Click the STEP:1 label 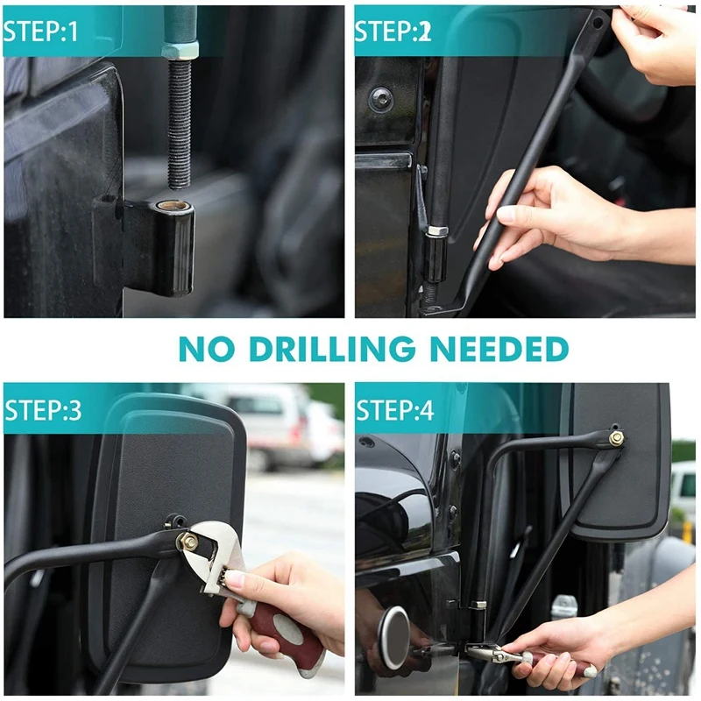coord(40,31)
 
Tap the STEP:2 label coord(393,31)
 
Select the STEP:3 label coord(43,409)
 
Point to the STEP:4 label coord(395,409)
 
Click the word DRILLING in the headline coord(332,349)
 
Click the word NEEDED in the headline coord(499,349)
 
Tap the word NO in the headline coord(207,349)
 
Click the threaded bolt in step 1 coord(180,124)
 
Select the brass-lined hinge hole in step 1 coord(173,206)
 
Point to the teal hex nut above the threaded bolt coord(180,49)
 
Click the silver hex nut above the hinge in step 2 coord(436,231)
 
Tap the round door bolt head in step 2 coord(381,100)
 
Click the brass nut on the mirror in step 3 coord(188,542)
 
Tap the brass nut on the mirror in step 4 coord(616,439)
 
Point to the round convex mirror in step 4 coord(393,638)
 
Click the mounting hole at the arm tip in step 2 coord(597,22)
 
